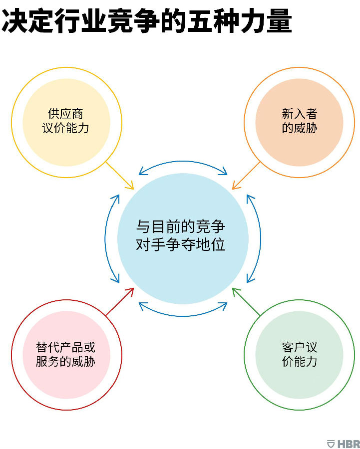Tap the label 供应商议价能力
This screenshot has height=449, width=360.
[65, 121]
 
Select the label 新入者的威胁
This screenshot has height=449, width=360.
[299, 121]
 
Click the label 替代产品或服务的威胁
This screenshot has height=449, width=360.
[65, 355]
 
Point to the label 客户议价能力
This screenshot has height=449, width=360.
[299, 355]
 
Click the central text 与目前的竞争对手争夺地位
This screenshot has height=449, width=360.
[181, 235]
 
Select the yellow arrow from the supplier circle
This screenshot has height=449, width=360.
[120, 176]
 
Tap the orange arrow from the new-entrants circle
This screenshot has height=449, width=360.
[246, 176]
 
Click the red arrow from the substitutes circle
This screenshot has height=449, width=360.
[120, 302]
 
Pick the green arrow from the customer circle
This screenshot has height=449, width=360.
[246, 302]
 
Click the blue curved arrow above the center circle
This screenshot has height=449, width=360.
[183, 162]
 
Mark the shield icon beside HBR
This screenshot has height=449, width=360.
[331, 444]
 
